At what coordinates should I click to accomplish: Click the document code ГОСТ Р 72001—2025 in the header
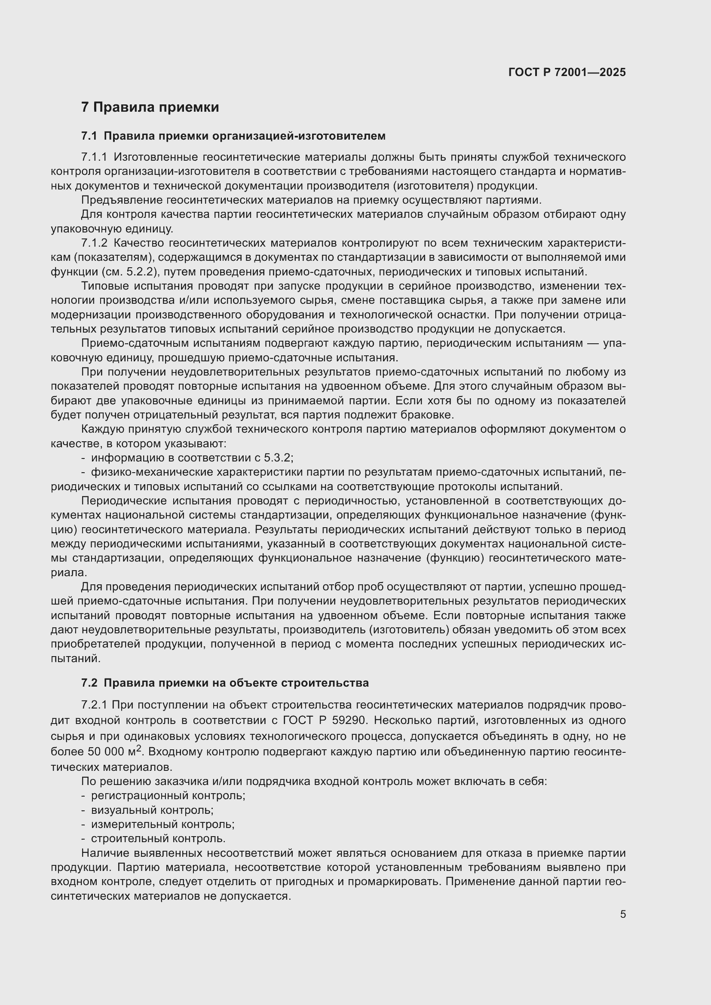click(567, 73)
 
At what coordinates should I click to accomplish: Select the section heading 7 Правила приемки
click(150, 107)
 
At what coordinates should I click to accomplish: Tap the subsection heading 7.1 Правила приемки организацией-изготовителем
click(233, 136)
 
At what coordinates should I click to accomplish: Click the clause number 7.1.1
click(94, 157)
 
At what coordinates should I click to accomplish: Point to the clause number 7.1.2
click(94, 243)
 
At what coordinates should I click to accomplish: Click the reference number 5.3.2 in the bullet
click(278, 458)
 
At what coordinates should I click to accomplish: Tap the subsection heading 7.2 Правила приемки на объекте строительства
click(224, 683)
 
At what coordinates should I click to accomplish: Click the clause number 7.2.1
click(94, 705)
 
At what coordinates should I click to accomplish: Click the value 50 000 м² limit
click(114, 751)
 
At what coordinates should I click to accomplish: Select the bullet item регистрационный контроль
click(168, 795)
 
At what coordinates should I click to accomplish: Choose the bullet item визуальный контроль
click(152, 810)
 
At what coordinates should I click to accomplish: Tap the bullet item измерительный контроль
click(162, 824)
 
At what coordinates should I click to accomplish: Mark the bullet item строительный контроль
click(158, 839)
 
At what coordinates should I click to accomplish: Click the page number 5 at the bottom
click(622, 914)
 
